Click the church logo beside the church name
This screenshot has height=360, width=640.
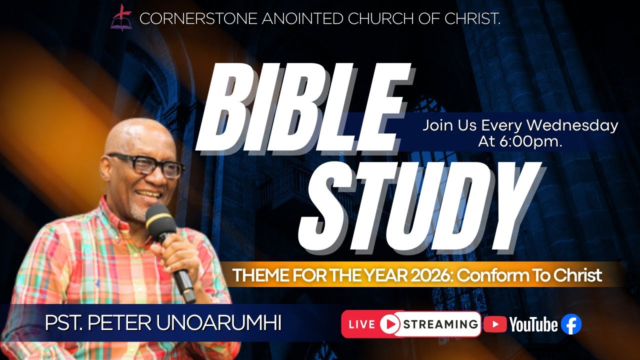tap(121, 17)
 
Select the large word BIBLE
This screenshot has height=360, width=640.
tap(305, 110)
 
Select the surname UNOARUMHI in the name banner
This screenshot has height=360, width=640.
tap(219, 323)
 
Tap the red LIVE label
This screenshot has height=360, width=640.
tap(361, 324)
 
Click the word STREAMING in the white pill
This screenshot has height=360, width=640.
tap(440, 324)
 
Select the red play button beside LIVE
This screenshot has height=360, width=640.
tap(389, 324)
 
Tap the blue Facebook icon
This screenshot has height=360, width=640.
tap(571, 324)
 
